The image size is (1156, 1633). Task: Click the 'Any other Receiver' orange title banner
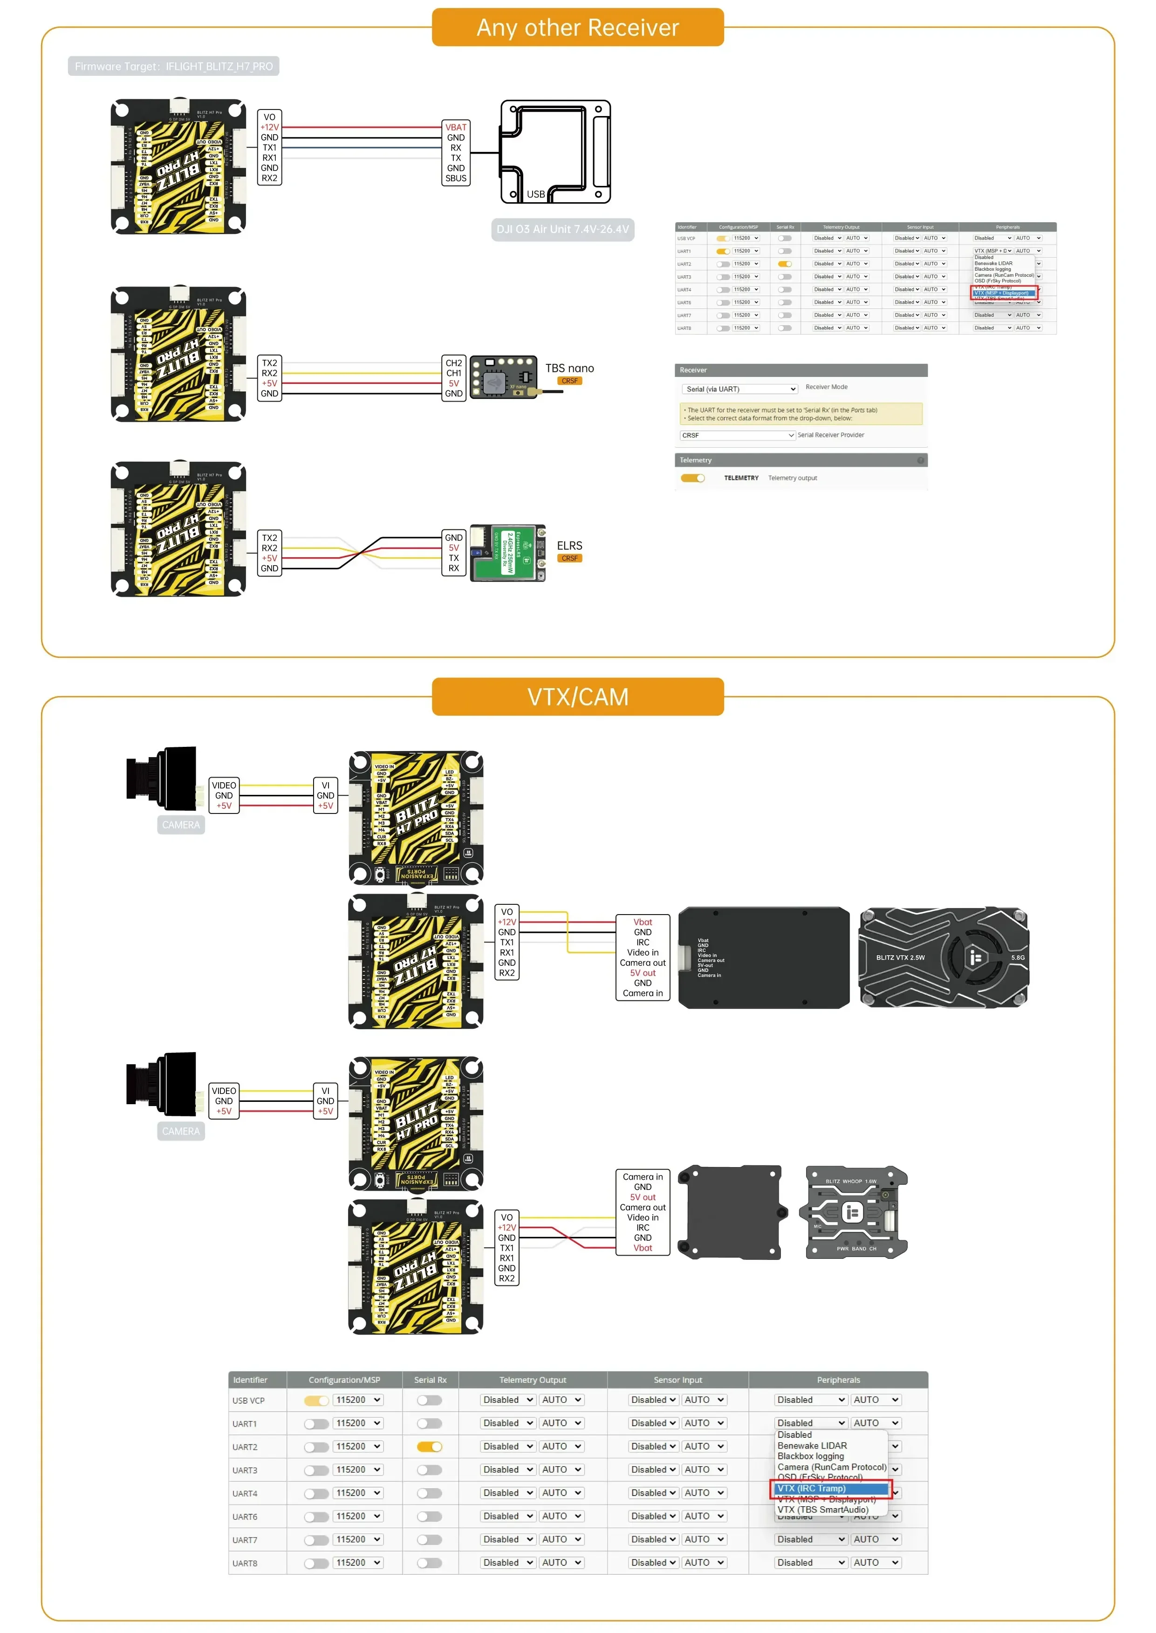(x=577, y=27)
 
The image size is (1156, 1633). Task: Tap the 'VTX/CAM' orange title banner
(x=577, y=696)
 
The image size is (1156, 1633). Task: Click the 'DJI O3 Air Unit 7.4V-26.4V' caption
(x=562, y=229)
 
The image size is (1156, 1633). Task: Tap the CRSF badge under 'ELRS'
(x=569, y=558)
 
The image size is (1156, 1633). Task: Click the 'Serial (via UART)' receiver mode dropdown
(x=739, y=389)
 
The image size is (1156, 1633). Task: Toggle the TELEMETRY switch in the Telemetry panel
(x=692, y=478)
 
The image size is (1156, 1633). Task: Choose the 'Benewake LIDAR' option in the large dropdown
(x=812, y=1446)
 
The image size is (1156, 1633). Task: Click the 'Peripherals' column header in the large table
(x=838, y=1380)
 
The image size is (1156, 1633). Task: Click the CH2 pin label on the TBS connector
(x=453, y=363)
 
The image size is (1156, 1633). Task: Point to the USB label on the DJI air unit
(x=535, y=194)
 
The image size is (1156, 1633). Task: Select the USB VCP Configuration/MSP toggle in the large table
(x=316, y=1400)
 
